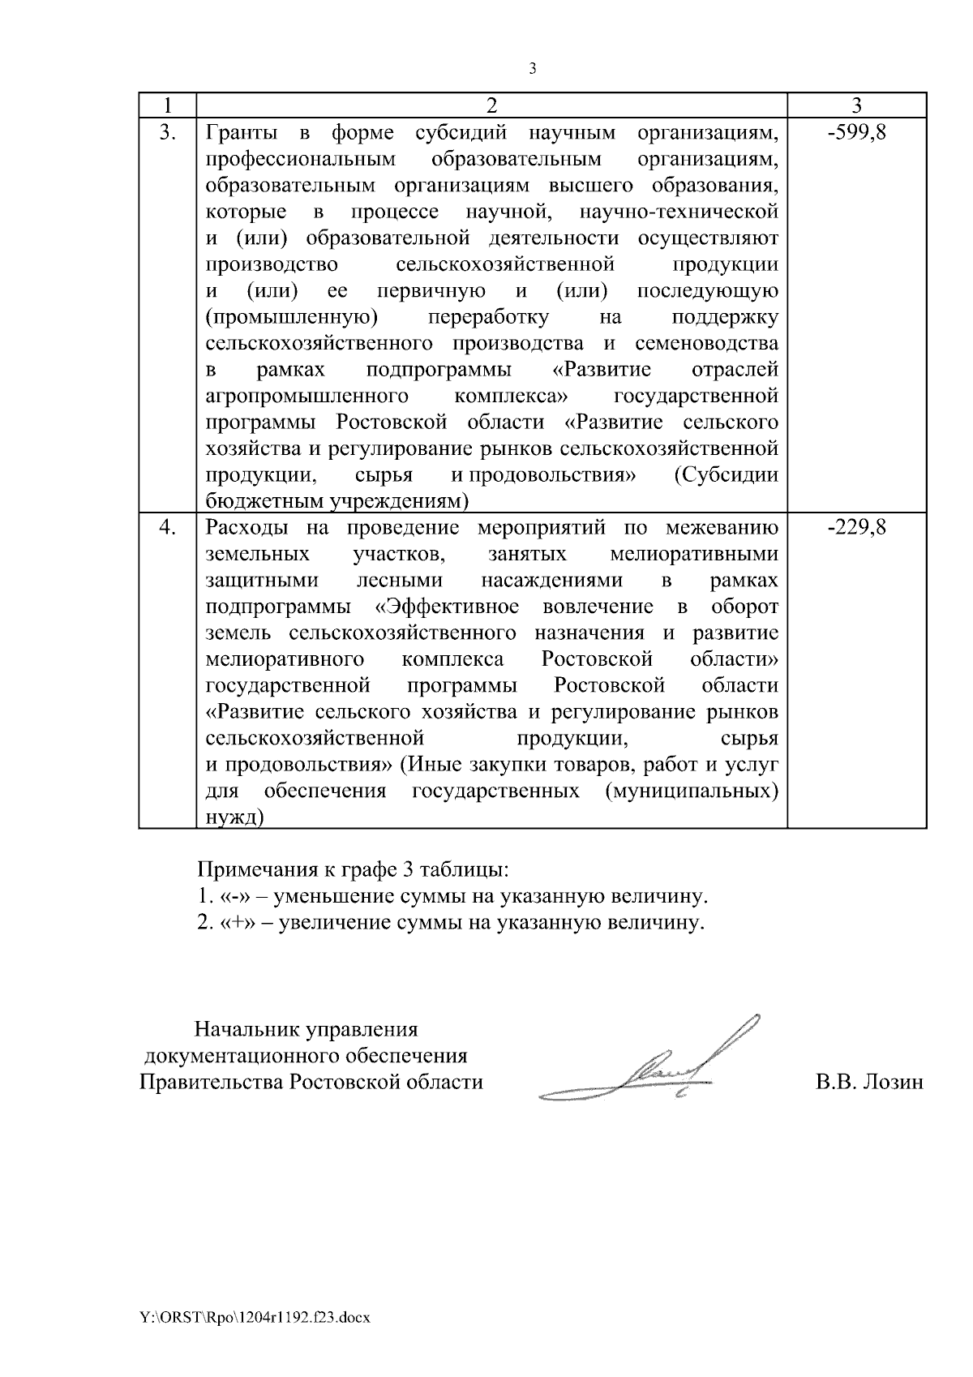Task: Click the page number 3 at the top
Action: coord(533,69)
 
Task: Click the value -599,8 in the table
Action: coord(856,133)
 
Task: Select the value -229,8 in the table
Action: coord(856,528)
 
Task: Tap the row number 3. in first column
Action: coord(167,133)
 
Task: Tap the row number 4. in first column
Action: coord(167,528)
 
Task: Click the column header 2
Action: coord(491,105)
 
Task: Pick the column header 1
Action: coord(167,105)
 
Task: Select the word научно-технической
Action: coord(679,212)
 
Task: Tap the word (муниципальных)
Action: coord(691,791)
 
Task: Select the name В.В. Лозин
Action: coord(868,1083)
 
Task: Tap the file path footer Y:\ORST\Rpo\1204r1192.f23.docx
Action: coord(255,1318)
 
